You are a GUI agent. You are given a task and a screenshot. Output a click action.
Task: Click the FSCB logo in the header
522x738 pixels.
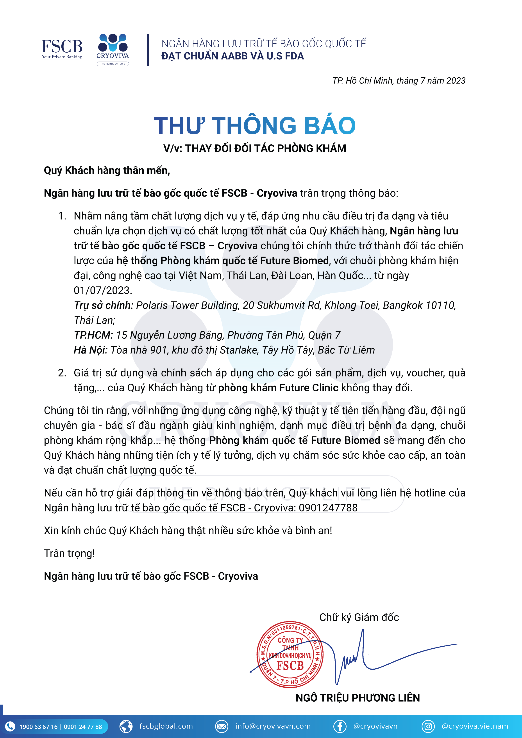(x=62, y=49)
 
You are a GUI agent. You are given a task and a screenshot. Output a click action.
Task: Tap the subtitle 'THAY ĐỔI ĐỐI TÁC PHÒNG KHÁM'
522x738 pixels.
(x=266, y=149)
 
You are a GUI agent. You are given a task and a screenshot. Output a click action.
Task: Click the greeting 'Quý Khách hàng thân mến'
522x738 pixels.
(x=107, y=170)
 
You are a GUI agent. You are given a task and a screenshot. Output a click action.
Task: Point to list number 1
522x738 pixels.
(x=62, y=216)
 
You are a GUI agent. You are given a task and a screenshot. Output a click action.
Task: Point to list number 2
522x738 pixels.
(x=62, y=373)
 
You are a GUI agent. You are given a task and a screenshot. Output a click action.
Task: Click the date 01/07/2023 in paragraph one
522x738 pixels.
(x=102, y=291)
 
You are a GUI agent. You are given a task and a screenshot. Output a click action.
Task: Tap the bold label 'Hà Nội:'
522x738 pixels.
(x=90, y=350)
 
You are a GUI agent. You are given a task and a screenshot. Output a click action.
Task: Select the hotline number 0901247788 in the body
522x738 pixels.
(x=328, y=508)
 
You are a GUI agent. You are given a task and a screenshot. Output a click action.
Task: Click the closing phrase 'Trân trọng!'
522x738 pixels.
(x=69, y=553)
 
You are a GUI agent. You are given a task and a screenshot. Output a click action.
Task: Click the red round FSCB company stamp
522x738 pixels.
(x=290, y=655)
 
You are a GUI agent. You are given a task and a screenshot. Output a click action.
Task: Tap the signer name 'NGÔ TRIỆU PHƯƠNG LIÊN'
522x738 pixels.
(x=358, y=698)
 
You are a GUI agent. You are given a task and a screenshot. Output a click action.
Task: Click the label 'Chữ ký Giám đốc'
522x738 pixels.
(x=359, y=617)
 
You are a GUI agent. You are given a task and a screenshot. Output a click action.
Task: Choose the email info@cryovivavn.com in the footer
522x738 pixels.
(x=273, y=726)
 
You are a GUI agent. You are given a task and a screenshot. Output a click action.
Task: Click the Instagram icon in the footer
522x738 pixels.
(x=428, y=726)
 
